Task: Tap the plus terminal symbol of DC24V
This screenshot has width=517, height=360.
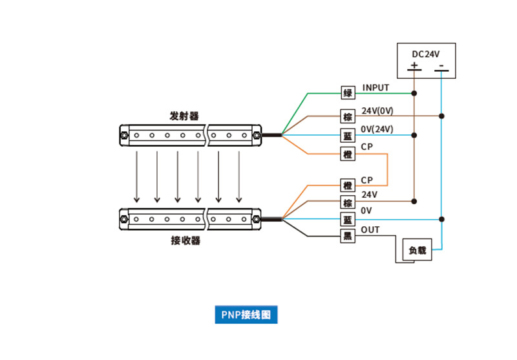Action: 414,66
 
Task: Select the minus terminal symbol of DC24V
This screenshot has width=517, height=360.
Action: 440,66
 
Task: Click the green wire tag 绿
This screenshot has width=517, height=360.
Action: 348,94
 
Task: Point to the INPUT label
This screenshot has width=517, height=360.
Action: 376,87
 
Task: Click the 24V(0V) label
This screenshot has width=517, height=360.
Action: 377,111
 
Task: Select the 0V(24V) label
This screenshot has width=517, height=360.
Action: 377,129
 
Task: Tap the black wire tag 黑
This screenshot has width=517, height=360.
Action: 348,236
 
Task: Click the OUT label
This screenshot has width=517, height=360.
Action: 370,229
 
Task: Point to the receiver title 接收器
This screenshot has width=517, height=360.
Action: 185,241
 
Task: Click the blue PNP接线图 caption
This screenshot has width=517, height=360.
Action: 246,315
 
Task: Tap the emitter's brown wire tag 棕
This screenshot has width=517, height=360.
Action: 348,116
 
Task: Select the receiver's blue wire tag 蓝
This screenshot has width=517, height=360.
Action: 348,219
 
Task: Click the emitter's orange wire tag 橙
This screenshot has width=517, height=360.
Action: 348,154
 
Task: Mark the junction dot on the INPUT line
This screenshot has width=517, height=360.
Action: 414,94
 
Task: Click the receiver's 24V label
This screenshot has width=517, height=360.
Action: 370,195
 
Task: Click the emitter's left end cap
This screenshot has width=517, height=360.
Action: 123,135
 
